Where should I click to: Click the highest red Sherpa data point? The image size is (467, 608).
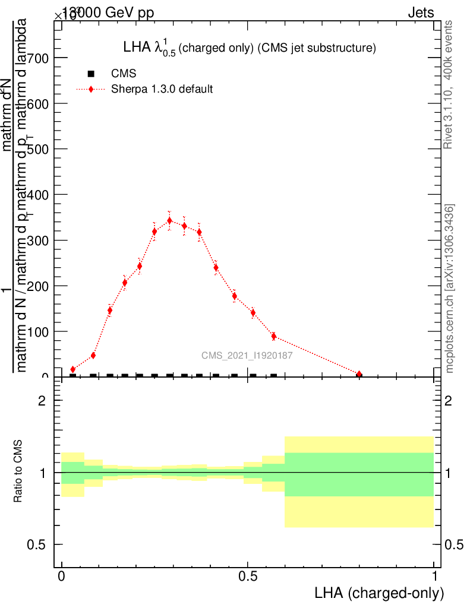pyautogui.click(x=169, y=220)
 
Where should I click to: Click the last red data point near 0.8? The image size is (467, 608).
pyautogui.click(x=359, y=374)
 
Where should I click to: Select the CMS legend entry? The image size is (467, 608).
pyautogui.click(x=124, y=74)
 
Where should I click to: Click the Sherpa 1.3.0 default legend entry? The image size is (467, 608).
pyautogui.click(x=162, y=90)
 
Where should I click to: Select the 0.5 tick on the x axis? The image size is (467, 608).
pyautogui.click(x=248, y=577)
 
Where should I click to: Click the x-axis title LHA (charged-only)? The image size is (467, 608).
pyautogui.click(x=379, y=593)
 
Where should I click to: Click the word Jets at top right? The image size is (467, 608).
pyautogui.click(x=421, y=12)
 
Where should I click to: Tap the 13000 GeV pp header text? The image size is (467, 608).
pyautogui.click(x=108, y=12)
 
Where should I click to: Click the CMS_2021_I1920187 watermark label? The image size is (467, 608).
pyautogui.click(x=247, y=356)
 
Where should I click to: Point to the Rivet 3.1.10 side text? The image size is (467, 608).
pyautogui.click(x=449, y=84)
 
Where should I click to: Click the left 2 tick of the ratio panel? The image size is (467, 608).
pyautogui.click(x=42, y=401)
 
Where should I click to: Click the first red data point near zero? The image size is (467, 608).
pyautogui.click(x=73, y=369)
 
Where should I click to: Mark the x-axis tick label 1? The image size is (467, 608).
pyautogui.click(x=434, y=577)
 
